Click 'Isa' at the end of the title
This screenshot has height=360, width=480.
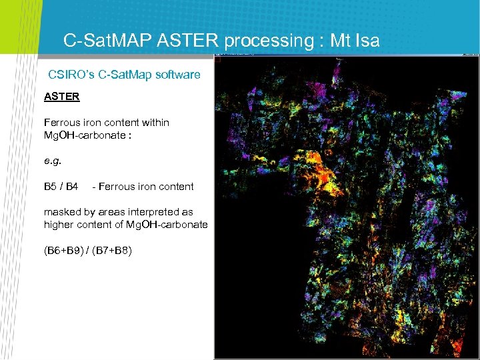365,41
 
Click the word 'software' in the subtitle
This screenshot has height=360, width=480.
177,75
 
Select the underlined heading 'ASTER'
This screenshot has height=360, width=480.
61,97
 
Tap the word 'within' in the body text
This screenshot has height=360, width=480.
153,123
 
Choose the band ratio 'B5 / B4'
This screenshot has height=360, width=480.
61,186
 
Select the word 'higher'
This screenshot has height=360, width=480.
59,225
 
